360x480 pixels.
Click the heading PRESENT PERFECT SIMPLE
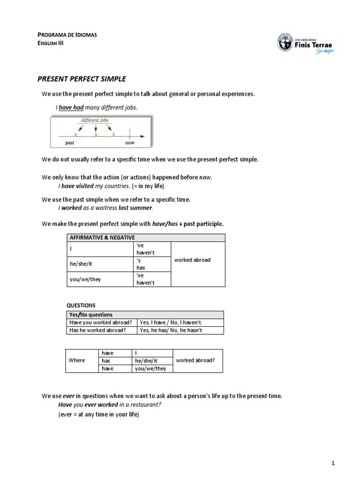[x=82, y=79]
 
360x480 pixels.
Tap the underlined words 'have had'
[x=71, y=107]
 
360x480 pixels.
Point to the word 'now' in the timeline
[x=130, y=142]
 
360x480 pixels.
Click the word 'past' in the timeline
[x=70, y=142]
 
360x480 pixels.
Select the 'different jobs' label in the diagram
[x=95, y=120]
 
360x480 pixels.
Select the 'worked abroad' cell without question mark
[x=193, y=260]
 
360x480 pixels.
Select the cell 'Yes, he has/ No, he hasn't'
[x=171, y=330]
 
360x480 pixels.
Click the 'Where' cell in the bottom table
[x=77, y=360]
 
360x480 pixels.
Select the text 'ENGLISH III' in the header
[x=50, y=43]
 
